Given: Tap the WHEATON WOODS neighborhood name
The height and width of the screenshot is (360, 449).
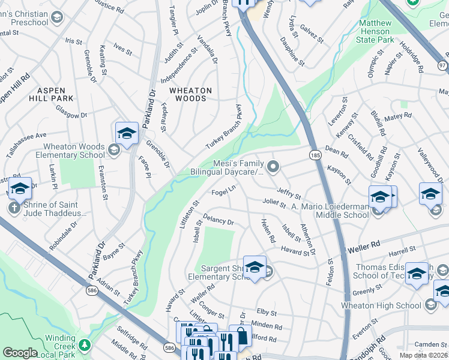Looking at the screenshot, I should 190,94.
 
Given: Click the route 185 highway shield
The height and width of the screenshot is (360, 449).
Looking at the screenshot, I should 314,155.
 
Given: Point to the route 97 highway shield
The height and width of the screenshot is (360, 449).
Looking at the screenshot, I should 443,64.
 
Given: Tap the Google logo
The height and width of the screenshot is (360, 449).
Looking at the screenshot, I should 20,352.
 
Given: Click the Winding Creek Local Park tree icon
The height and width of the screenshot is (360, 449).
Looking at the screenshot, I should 85,346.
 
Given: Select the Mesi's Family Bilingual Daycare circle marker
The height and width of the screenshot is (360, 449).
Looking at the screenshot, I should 274,167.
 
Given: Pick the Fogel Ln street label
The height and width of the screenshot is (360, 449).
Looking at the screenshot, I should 224,191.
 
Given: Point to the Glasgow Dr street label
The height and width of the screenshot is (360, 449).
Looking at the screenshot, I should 71,111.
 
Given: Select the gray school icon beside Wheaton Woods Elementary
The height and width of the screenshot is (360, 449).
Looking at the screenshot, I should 114,149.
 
